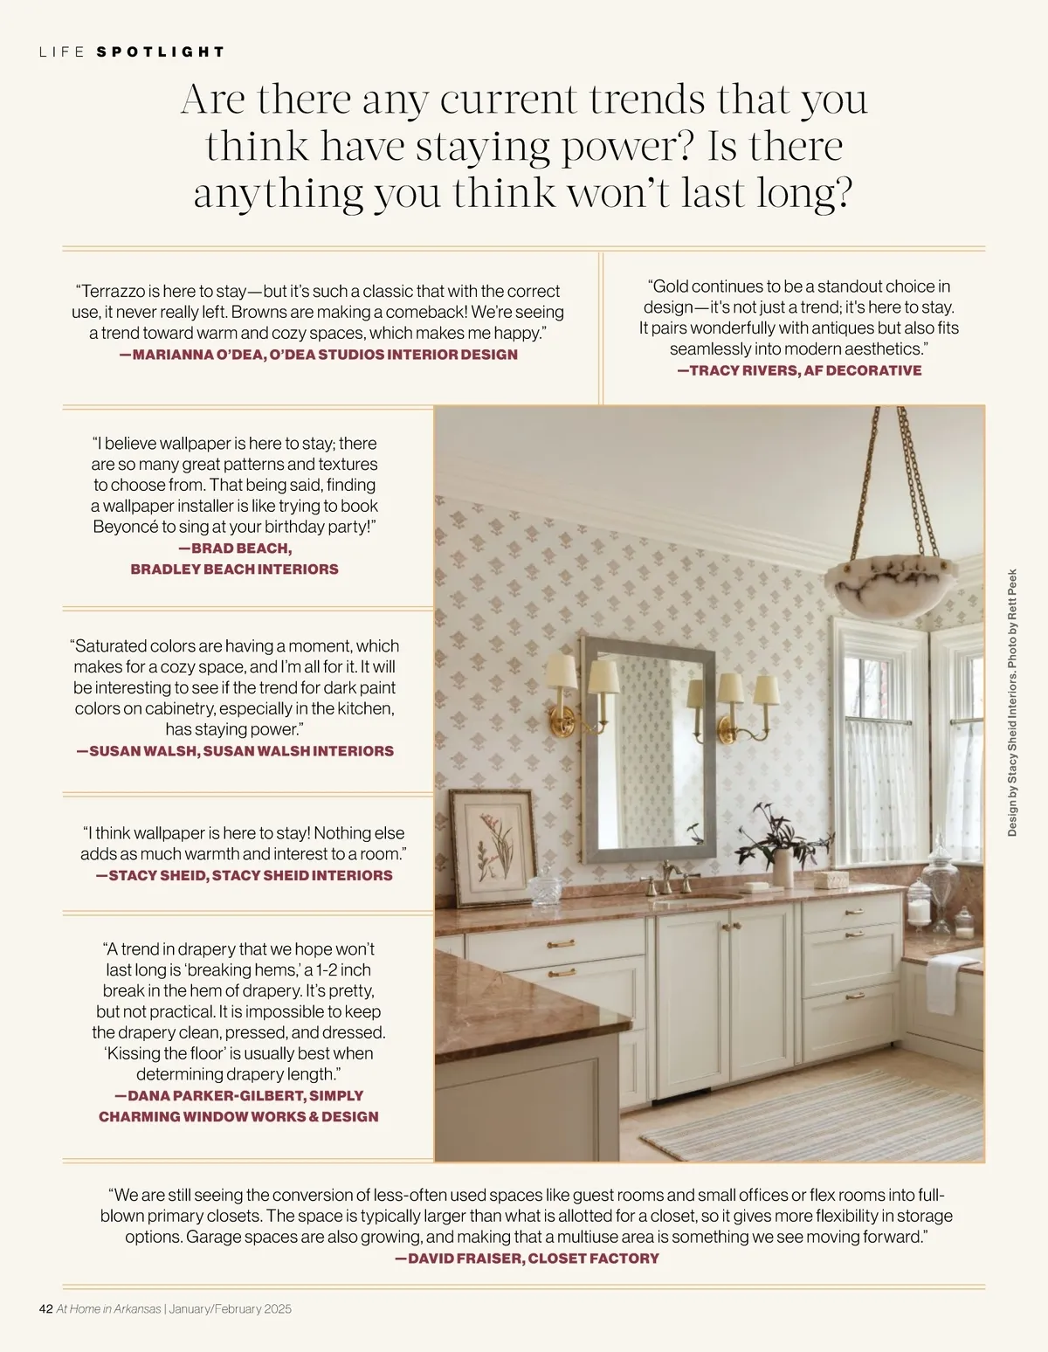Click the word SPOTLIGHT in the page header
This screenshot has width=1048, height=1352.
(161, 52)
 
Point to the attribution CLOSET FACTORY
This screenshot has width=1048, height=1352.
(593, 1258)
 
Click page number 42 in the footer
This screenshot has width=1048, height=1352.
(46, 1308)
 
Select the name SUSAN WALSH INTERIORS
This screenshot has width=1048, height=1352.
(298, 750)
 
